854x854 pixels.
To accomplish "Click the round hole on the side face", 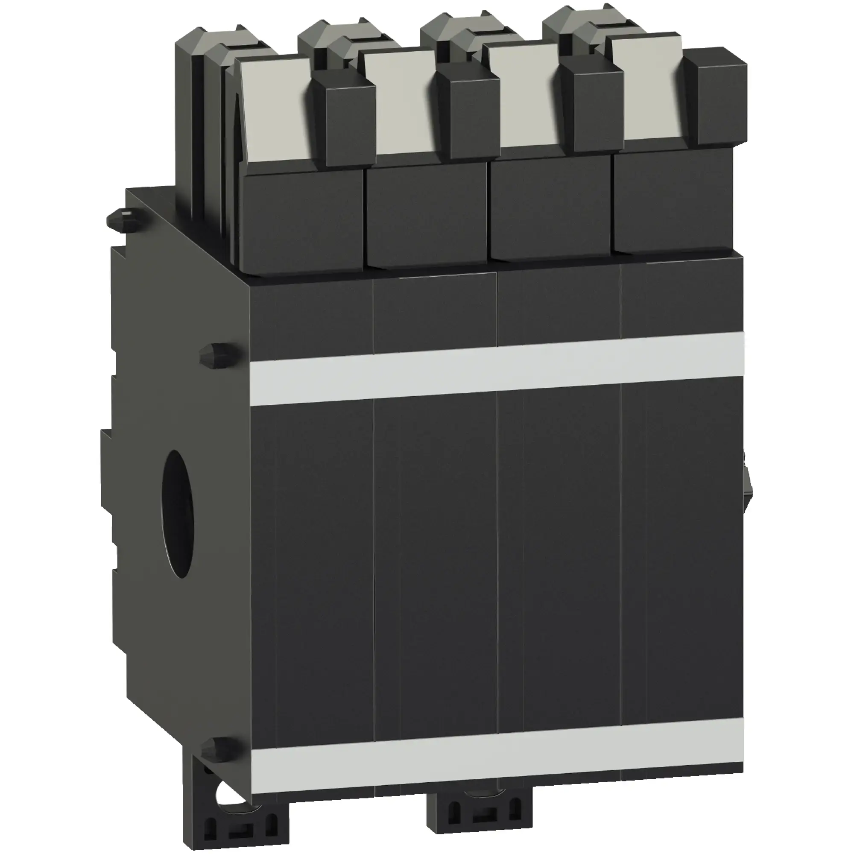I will click(x=178, y=513).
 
